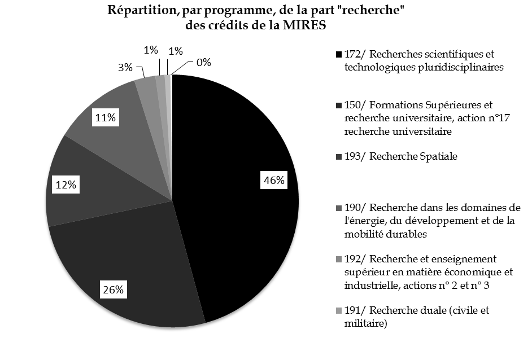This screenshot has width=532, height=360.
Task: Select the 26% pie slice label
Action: (x=113, y=291)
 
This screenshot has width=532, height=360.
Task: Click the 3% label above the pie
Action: (x=125, y=68)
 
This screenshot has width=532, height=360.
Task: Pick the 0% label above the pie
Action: (x=203, y=62)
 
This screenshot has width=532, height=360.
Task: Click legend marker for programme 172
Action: (x=338, y=55)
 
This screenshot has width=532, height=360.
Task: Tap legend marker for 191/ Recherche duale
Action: (x=338, y=310)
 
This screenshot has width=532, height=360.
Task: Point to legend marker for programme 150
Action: (x=338, y=106)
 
